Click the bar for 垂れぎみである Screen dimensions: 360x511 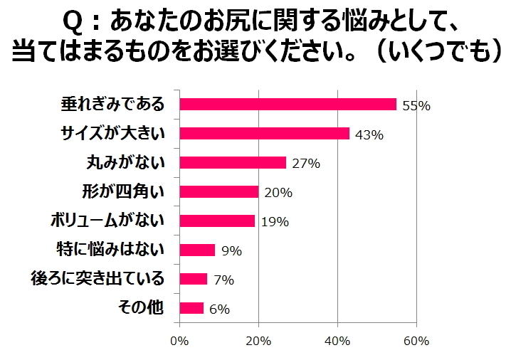pyautogui.click(x=288, y=105)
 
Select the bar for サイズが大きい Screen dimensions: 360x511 pyautogui.click(x=264, y=134)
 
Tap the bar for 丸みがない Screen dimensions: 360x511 pyautogui.click(x=233, y=163)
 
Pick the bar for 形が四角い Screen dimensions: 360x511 pyautogui.click(x=219, y=192)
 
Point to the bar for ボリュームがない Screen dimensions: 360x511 pyautogui.click(x=217, y=221)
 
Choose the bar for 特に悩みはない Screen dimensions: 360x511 pyautogui.click(x=197, y=250)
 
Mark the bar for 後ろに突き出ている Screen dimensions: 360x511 pyautogui.click(x=194, y=280)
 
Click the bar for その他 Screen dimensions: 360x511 pyautogui.click(x=191, y=309)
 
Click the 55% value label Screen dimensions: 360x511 pyautogui.click(x=416, y=106)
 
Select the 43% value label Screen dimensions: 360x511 pyautogui.click(x=369, y=135)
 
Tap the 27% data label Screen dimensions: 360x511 pyautogui.click(x=306, y=164)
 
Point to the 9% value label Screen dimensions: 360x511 pyautogui.click(x=231, y=251)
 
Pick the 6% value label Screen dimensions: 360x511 pyautogui.click(x=219, y=309)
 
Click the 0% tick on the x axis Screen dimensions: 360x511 pyautogui.click(x=180, y=341)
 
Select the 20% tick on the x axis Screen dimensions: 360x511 pyautogui.click(x=258, y=341)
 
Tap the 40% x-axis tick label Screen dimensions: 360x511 pyautogui.click(x=337, y=341)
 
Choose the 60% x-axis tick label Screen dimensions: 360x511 pyautogui.click(x=416, y=341)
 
